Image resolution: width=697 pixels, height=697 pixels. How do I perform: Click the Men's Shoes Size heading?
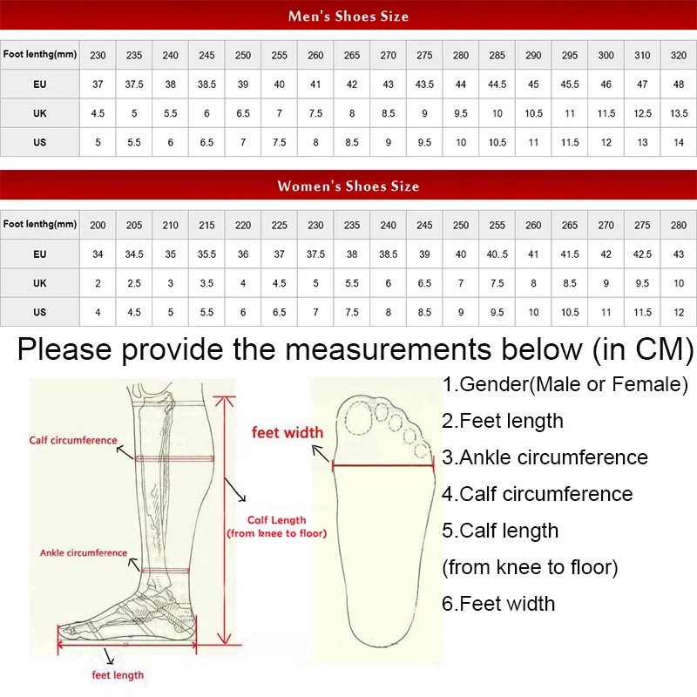tap(348, 17)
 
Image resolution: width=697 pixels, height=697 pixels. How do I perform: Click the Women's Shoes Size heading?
tap(348, 186)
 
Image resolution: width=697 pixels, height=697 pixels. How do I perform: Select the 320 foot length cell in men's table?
tap(679, 55)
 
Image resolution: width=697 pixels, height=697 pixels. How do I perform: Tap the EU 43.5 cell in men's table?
tap(424, 84)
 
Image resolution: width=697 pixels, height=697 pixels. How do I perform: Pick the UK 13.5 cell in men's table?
tap(679, 113)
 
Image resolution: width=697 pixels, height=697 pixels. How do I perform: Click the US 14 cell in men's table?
tap(679, 142)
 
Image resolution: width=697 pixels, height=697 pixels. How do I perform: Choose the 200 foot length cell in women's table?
tap(98, 225)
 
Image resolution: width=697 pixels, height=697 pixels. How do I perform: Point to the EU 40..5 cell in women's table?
tap(497, 254)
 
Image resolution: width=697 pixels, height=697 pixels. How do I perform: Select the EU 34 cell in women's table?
tap(98, 254)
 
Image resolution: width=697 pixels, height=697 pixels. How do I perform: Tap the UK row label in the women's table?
tap(39, 283)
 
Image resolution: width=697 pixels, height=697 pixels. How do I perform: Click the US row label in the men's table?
tap(39, 142)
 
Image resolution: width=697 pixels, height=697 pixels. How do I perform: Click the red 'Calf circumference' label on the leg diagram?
tap(73, 440)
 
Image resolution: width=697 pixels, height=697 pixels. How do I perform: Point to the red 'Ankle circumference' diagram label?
tap(84, 552)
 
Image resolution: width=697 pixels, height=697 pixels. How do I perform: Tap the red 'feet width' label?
tap(288, 432)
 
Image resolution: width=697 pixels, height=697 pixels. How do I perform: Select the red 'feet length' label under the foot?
tap(118, 674)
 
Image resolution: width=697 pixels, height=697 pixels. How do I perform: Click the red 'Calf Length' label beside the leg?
tap(276, 520)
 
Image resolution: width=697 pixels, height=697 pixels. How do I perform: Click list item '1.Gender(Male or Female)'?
tap(565, 384)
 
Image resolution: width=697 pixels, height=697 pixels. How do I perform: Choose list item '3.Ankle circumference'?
tap(545, 457)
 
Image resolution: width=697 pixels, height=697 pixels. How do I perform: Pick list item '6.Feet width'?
tap(498, 604)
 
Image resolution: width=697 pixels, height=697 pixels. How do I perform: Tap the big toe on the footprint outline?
tap(358, 417)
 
